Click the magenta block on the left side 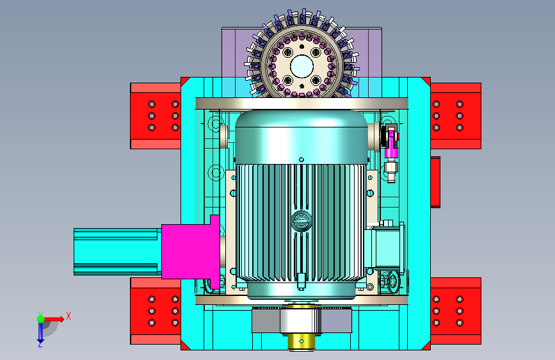[190, 252]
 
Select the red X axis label [68, 316]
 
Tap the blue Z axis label [40, 344]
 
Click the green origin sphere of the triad [40, 319]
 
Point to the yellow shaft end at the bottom [301, 341]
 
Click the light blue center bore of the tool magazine [302, 66]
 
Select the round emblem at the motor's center [302, 221]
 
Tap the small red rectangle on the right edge [435, 182]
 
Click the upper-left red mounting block [156, 116]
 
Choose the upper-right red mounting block [456, 116]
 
